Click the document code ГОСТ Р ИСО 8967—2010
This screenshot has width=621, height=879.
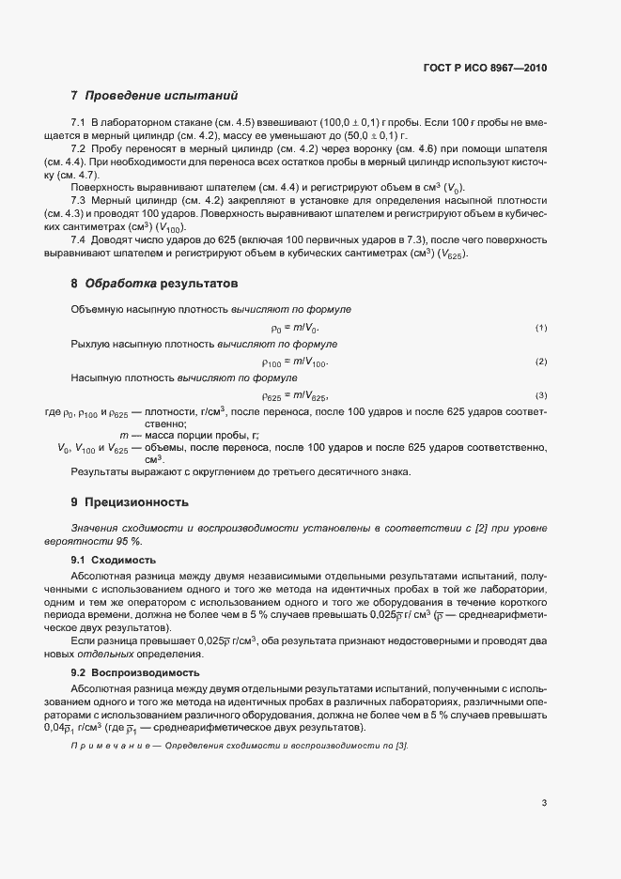(x=485, y=69)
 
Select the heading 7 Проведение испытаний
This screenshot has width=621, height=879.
(x=154, y=96)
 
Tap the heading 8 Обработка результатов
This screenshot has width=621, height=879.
(x=154, y=283)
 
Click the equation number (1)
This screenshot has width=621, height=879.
(x=541, y=328)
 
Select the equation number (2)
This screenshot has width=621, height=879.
(x=541, y=362)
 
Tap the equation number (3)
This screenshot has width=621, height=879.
(x=541, y=395)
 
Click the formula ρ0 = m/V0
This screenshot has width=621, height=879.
(x=295, y=328)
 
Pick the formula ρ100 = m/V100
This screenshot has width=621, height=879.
(x=295, y=362)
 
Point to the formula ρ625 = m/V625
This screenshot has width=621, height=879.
(x=295, y=395)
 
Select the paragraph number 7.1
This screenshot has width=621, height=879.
(x=78, y=124)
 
